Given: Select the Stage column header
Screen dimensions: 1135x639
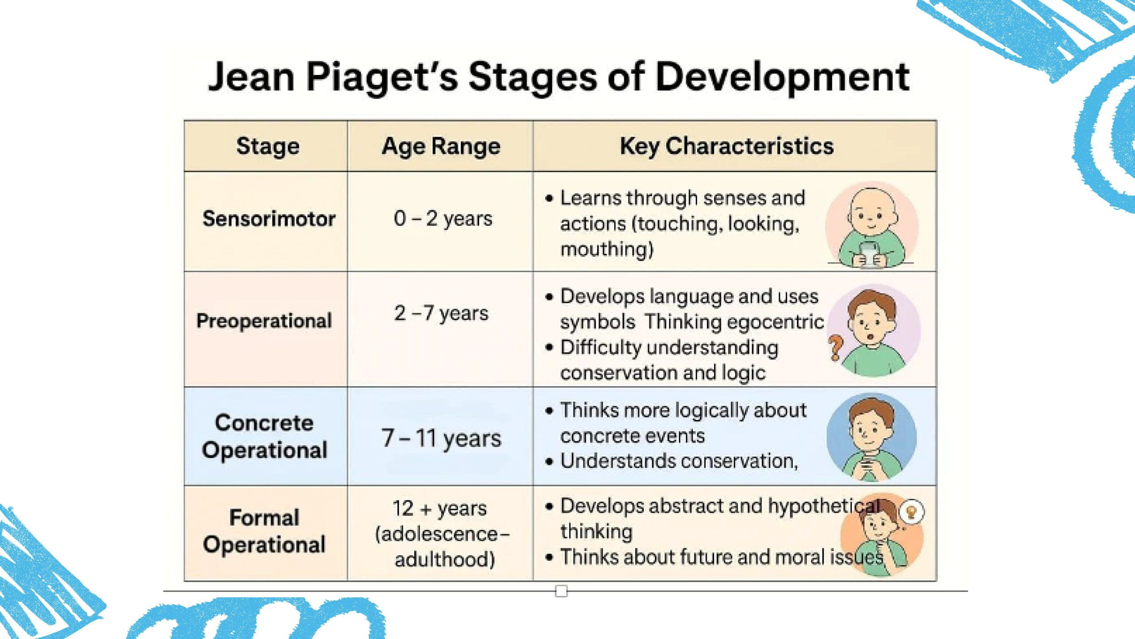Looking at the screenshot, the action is tap(268, 146).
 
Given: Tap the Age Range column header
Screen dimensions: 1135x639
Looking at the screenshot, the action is tap(441, 146).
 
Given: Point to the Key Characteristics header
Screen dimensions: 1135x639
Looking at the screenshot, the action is tap(727, 146).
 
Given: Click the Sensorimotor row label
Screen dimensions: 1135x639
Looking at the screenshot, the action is tap(269, 219).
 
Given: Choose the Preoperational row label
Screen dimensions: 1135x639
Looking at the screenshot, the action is tap(264, 321).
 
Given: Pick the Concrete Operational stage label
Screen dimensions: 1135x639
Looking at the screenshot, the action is tap(265, 436).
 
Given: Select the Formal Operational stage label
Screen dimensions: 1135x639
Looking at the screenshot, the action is tap(265, 531).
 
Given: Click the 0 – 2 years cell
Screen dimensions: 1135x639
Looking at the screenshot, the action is tap(443, 218).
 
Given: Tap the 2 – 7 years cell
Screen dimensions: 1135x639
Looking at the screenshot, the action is tap(441, 313).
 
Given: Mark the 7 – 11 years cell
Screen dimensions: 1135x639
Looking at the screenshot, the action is tap(441, 438).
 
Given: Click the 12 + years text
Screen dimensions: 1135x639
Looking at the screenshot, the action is tap(440, 509).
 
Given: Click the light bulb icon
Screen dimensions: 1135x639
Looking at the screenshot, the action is tap(912, 512).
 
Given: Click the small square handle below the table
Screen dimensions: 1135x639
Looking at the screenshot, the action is tap(561, 591).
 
